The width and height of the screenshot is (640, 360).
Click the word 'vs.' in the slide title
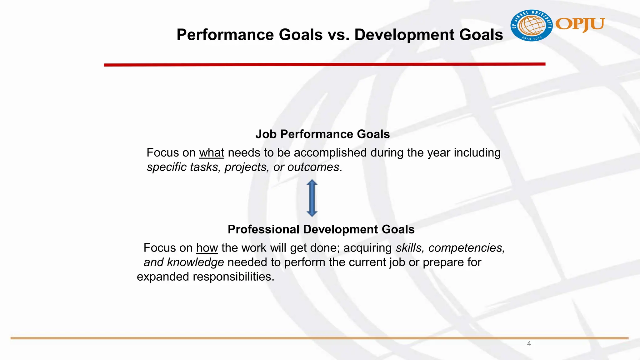pos(338,35)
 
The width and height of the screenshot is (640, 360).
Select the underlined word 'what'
pos(212,153)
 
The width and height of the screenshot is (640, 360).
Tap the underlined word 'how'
pos(207,248)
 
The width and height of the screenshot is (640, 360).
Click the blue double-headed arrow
pos(312,198)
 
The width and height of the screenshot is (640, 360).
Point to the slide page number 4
pos(529,344)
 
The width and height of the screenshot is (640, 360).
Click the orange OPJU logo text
pos(580,24)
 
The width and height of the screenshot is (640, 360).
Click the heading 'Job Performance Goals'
pos(322,134)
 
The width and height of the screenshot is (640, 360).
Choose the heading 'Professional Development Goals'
pos(321,229)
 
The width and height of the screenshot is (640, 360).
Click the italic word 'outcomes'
pos(313,167)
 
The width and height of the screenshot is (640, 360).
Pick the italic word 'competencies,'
pos(467,248)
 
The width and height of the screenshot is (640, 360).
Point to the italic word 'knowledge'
pos(195,262)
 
